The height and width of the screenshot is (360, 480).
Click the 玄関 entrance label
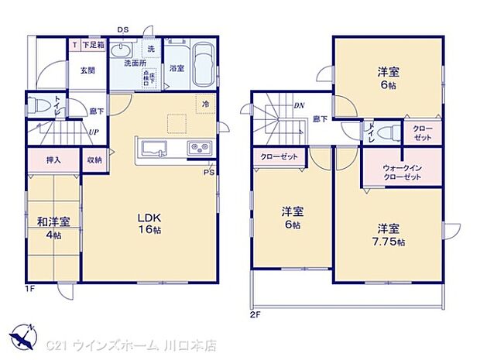click(86, 70)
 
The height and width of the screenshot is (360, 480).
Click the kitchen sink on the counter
click(149, 148)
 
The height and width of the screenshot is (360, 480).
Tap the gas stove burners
click(197, 148)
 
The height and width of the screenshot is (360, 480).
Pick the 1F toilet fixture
click(39, 105)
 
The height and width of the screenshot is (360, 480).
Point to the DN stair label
click(298, 107)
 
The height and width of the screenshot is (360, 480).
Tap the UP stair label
click(93, 132)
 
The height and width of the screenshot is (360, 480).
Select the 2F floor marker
click(255, 315)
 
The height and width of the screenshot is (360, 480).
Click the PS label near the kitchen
click(208, 172)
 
